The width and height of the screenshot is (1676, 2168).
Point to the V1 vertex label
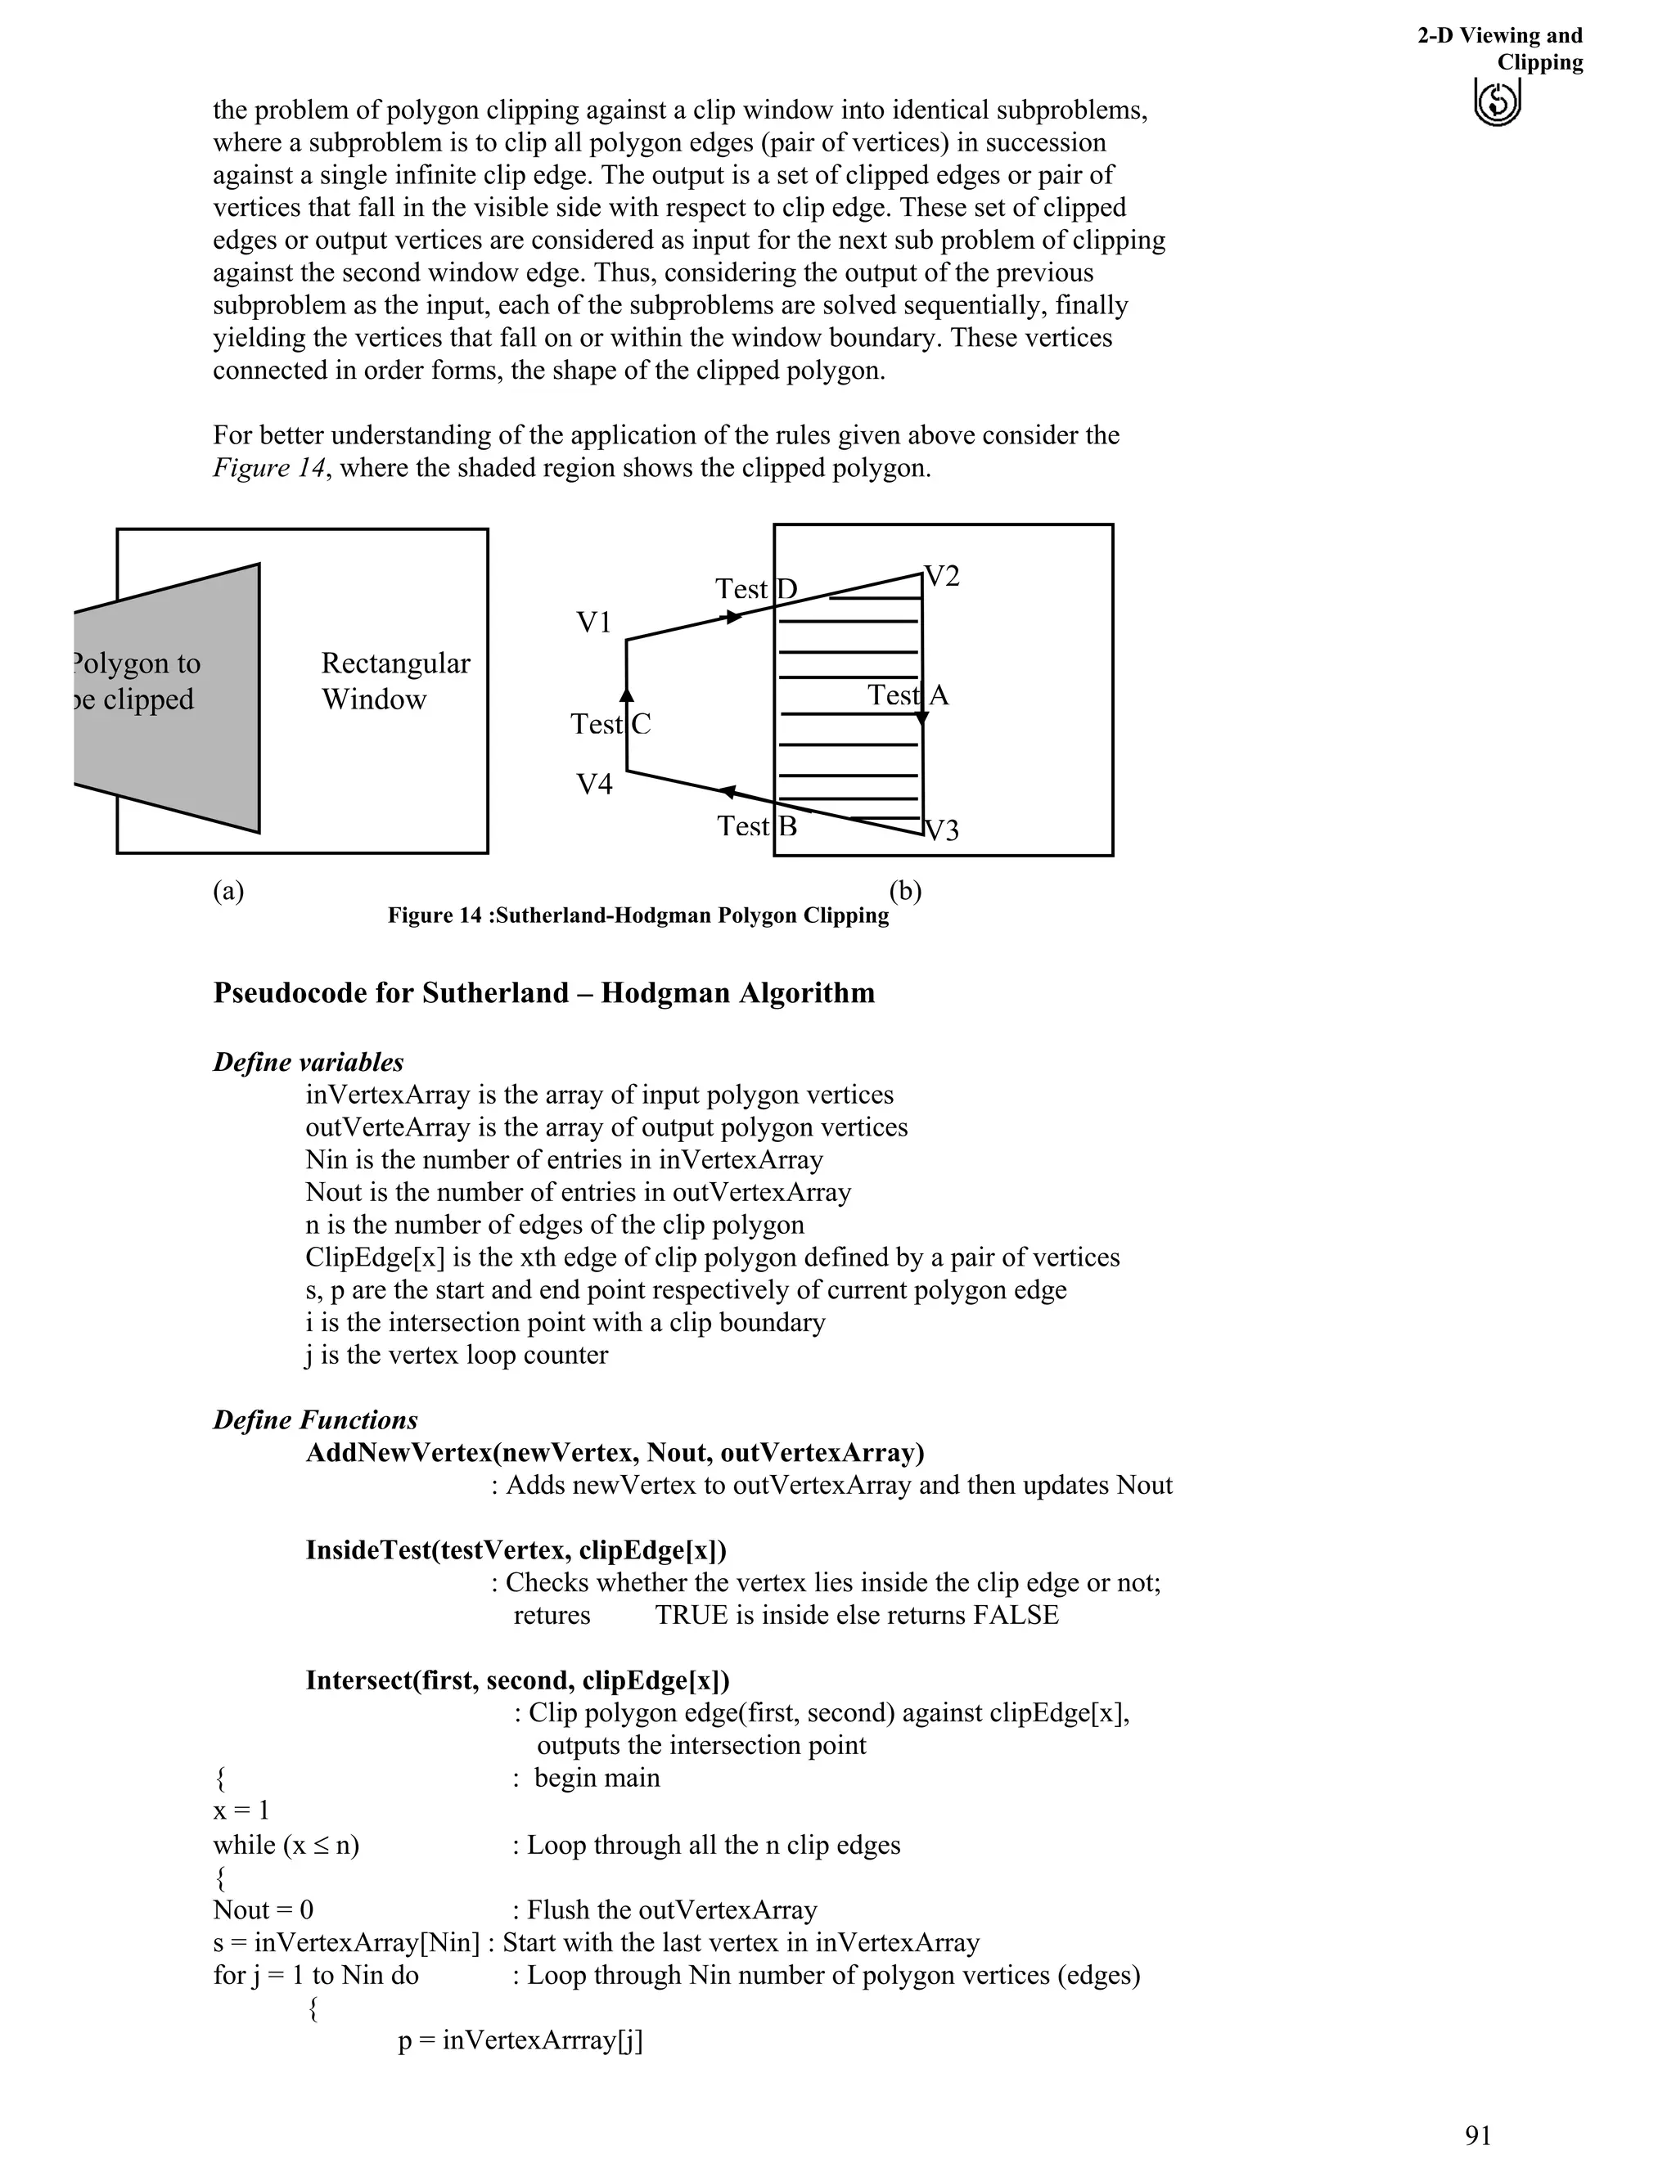pyautogui.click(x=594, y=623)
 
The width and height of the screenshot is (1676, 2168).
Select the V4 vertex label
pyautogui.click(x=594, y=785)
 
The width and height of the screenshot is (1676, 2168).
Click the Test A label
pyautogui.click(x=908, y=695)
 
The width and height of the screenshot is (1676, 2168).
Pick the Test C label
pyautogui.click(x=610, y=724)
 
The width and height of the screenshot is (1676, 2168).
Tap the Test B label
pyautogui.click(x=757, y=826)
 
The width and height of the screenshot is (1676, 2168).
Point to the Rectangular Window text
pyautogui.click(x=394, y=681)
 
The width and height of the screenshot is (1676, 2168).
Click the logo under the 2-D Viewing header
pyautogui.click(x=1498, y=102)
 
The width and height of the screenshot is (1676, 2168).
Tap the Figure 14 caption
pyautogui.click(x=638, y=915)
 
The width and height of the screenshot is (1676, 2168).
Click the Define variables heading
pyautogui.click(x=308, y=1062)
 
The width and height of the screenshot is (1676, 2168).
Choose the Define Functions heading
pyautogui.click(x=315, y=1419)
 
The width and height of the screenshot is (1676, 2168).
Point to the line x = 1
pyautogui.click(x=241, y=1810)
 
